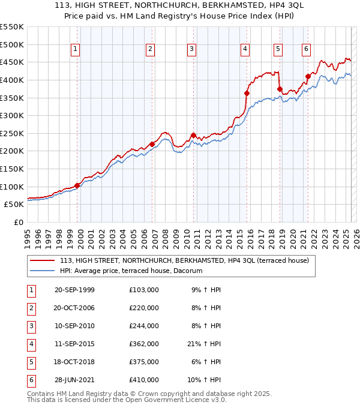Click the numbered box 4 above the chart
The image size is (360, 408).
point(245,49)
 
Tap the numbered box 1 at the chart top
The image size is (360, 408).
point(76,49)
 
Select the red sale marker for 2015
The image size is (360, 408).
point(247,93)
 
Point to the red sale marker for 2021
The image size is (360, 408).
point(308,76)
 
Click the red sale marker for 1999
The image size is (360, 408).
point(77,185)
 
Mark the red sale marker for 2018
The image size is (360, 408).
point(280,89)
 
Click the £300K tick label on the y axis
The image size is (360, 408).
point(11,115)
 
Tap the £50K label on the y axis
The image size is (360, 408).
point(14,205)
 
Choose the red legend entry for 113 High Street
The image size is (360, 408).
point(184,260)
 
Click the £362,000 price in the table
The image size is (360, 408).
point(144,344)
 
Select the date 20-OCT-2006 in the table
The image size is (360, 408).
point(74,308)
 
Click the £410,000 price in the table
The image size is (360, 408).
point(144,380)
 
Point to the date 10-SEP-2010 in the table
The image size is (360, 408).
point(74,326)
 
